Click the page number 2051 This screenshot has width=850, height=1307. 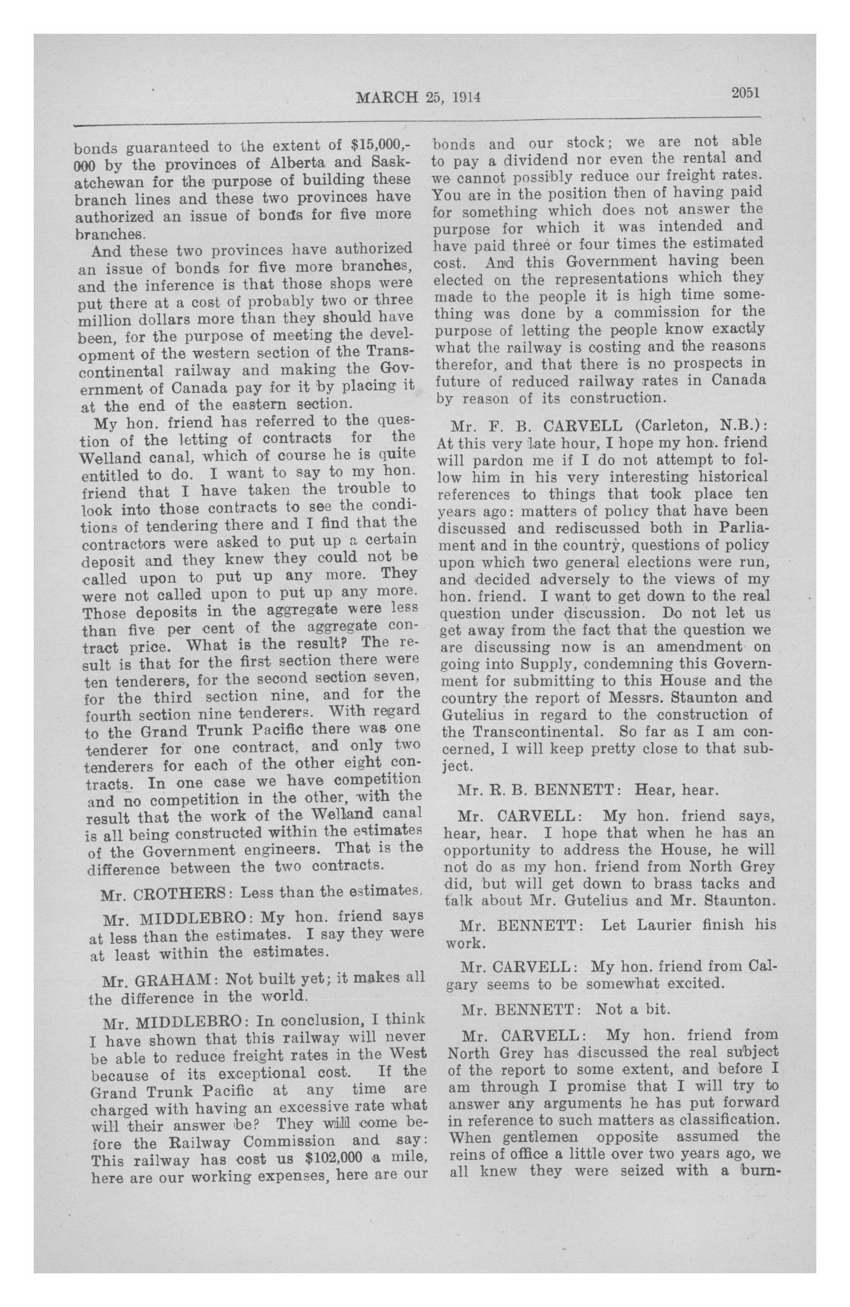point(744,92)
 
